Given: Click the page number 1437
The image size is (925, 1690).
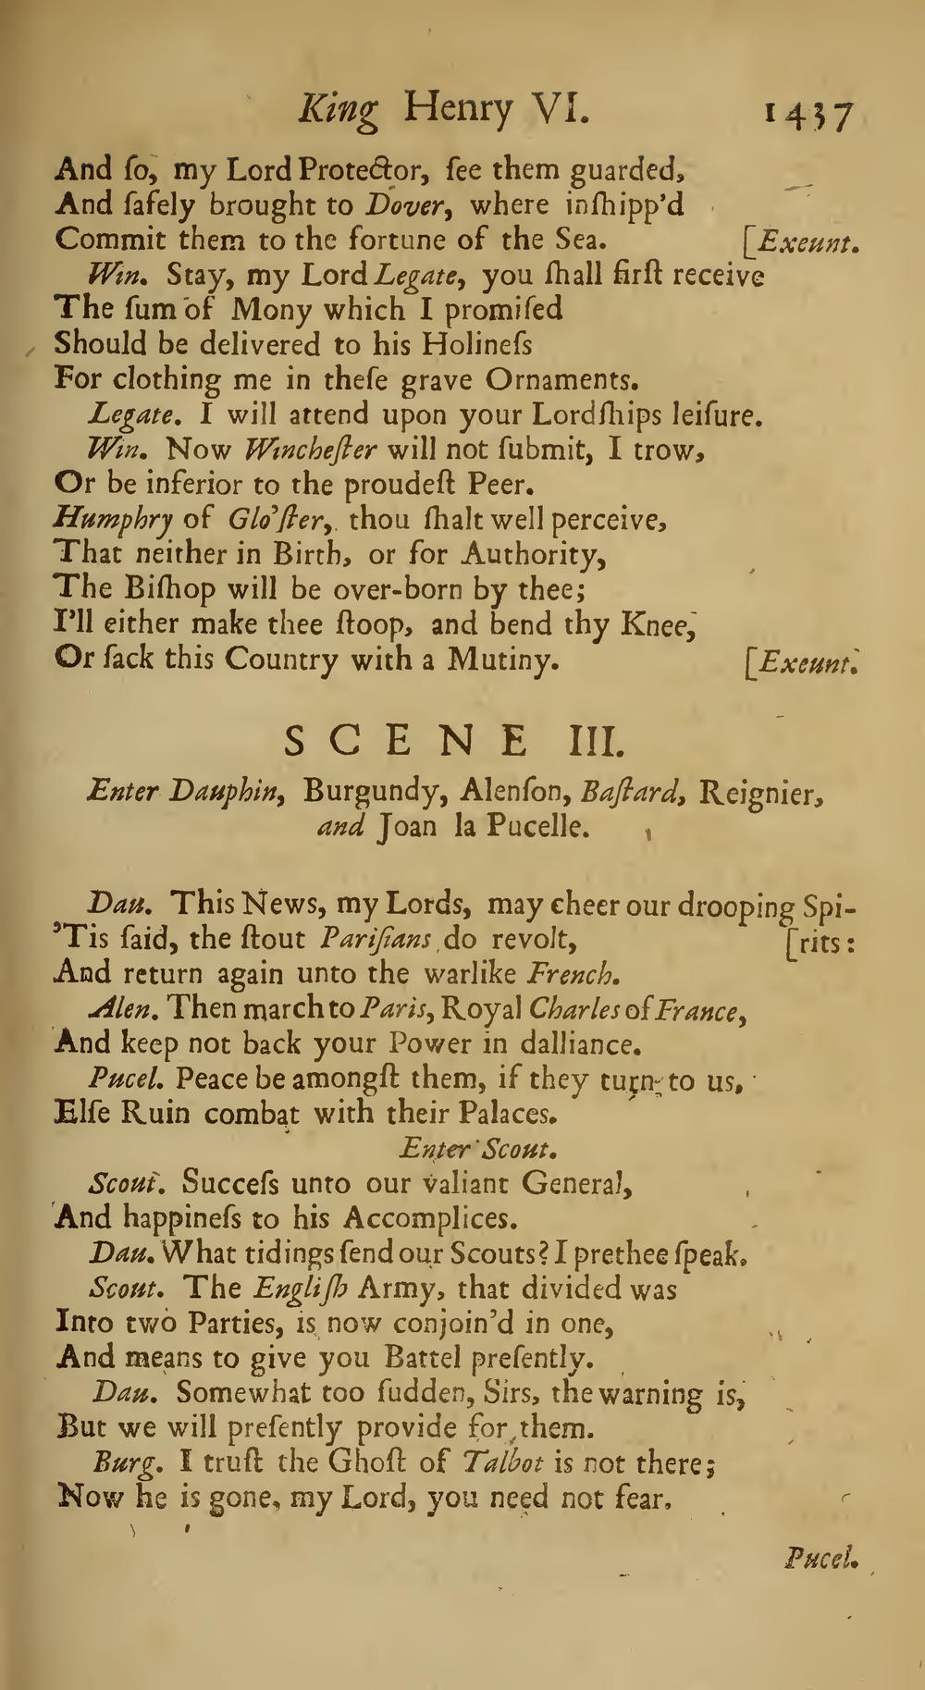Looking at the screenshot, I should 808,117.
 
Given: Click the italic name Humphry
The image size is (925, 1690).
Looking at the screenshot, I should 114,520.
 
